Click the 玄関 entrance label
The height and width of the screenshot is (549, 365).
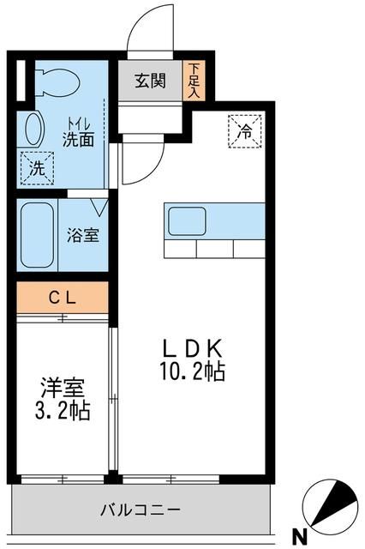150,81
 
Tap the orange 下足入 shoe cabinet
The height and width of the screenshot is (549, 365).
194,81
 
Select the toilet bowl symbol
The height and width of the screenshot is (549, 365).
58,81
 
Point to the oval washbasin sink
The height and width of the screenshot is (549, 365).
34,129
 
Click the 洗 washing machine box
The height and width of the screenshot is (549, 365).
37,168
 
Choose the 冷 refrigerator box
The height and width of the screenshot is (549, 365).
245,131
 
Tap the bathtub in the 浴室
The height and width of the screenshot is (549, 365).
37,235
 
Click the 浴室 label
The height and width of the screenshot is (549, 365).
83,235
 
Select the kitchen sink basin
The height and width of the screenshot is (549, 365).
187,221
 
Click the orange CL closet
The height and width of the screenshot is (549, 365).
63,298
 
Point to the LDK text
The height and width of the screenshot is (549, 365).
192,348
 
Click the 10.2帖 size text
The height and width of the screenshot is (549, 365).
192,371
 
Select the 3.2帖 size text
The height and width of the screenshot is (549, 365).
63,410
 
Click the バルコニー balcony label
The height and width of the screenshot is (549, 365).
141,510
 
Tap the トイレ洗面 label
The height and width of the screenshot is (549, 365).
78,133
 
